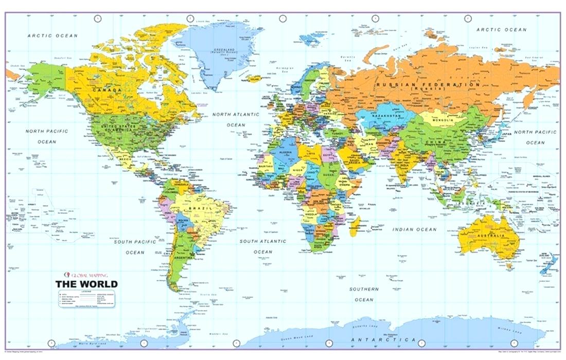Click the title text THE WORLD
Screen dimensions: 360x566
[86, 284]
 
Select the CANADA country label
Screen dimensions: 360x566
[107, 90]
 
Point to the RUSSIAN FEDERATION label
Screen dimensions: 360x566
[428, 85]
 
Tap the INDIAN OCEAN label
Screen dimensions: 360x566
[414, 229]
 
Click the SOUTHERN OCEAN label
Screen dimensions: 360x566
[364, 294]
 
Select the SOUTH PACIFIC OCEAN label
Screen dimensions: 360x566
[135, 247]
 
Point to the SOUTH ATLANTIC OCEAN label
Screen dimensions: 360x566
[262, 246]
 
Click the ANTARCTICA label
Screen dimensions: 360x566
[383, 340]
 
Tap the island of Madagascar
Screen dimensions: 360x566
[354, 226]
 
